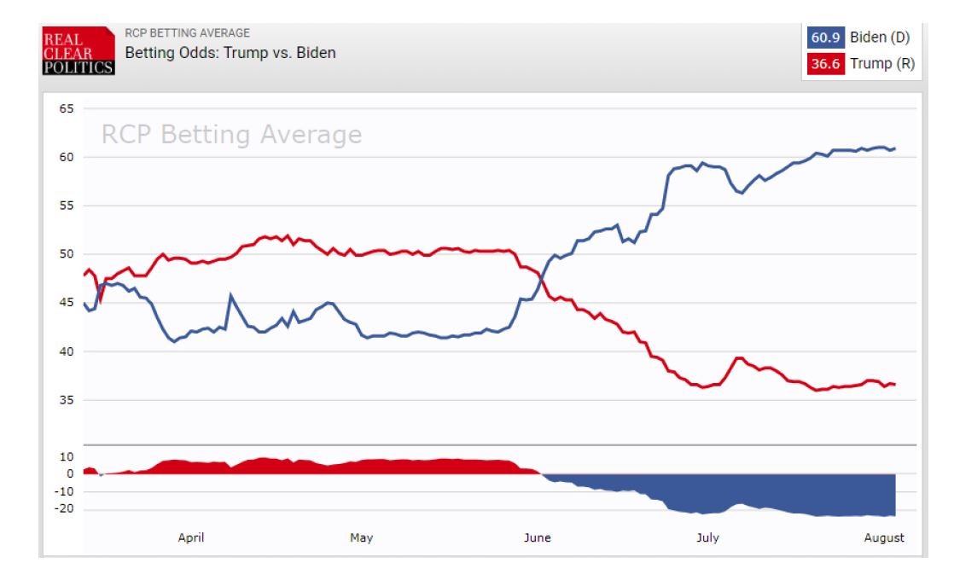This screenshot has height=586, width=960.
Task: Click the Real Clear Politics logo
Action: pos(78,51)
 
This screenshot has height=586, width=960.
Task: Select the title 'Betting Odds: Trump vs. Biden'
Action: pos(230,53)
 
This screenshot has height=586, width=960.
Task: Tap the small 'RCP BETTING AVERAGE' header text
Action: pos(188,33)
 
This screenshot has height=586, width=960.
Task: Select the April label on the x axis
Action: pos(191,538)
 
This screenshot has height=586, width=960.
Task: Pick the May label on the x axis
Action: pos(361,538)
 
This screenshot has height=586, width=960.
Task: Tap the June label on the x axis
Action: pos(537,538)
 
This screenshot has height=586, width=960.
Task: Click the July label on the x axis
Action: pos(707,538)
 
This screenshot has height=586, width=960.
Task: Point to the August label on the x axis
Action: pos(883,538)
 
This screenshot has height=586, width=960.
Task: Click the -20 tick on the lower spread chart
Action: pos(65,509)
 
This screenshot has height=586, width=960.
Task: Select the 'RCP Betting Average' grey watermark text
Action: pos(231,135)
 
